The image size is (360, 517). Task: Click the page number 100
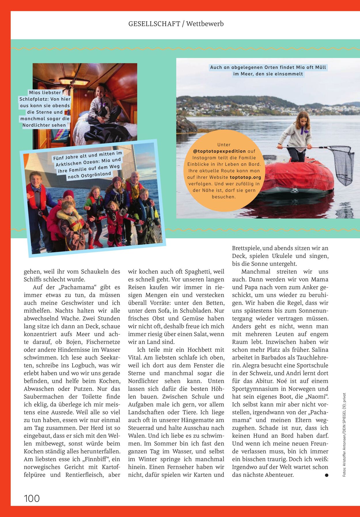coord(32,498)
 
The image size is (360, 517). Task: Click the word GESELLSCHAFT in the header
coord(154,24)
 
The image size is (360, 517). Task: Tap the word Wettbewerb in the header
coord(205,24)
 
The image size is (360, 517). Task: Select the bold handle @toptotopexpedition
coord(219,151)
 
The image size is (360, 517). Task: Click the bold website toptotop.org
coord(245,177)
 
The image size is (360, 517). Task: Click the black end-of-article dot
coord(326,475)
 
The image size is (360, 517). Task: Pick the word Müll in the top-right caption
coord(321,67)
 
